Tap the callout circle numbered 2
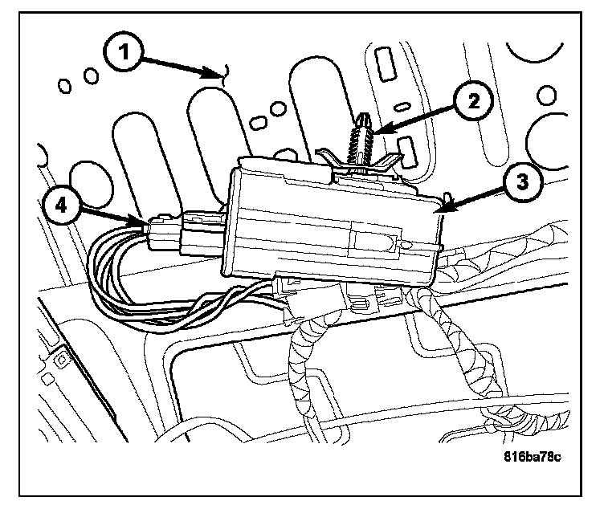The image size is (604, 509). [x=474, y=100]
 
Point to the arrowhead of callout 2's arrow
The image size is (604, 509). [x=371, y=131]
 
